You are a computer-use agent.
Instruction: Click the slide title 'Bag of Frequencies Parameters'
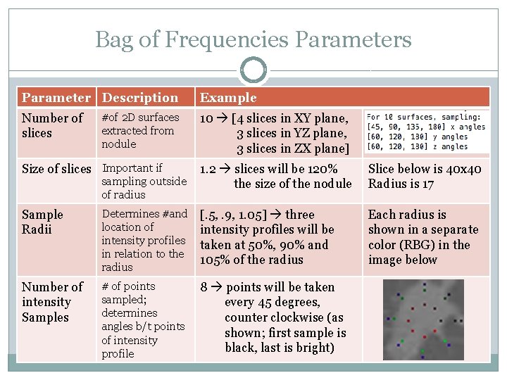(x=254, y=39)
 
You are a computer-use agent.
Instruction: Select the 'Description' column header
(x=140, y=98)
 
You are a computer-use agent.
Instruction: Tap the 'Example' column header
(x=228, y=98)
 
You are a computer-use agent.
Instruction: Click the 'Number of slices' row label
(x=52, y=125)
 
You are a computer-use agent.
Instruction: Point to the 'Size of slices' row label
(x=56, y=169)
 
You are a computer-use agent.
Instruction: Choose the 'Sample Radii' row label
(x=42, y=222)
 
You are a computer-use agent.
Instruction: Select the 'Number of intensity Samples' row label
(x=52, y=302)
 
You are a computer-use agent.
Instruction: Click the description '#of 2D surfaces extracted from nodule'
(x=140, y=130)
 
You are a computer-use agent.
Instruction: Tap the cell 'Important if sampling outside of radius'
(x=144, y=181)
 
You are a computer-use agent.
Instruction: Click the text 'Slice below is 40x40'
(x=425, y=169)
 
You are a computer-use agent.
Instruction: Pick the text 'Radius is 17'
(x=401, y=184)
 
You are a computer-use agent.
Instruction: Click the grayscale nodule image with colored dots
(x=423, y=319)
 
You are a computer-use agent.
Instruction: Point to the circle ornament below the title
(x=253, y=70)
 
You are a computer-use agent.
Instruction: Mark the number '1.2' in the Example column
(x=208, y=169)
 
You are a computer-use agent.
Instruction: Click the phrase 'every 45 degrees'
(x=272, y=302)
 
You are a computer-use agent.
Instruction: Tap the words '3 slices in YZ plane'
(x=292, y=133)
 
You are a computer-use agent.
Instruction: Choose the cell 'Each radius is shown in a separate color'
(x=423, y=229)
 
